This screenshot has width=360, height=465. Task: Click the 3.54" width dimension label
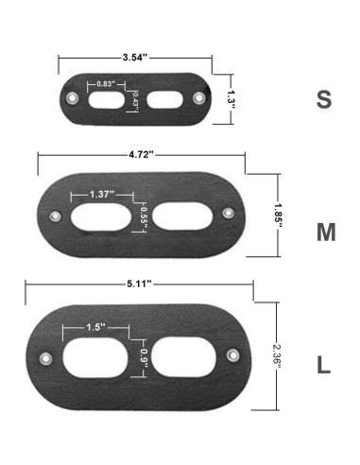click(135, 58)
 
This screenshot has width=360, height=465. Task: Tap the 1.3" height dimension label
click(231, 99)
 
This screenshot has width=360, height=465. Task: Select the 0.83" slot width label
click(106, 84)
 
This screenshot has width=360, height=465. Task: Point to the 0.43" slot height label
click(135, 101)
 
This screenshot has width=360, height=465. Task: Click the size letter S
click(324, 99)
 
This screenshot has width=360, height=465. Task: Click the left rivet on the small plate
click(73, 97)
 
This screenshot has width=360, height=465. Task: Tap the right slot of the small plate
click(164, 100)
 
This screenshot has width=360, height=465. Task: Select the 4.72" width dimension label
click(141, 155)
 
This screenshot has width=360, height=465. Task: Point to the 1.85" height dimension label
click(278, 215)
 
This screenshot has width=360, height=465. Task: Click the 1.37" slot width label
click(101, 195)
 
